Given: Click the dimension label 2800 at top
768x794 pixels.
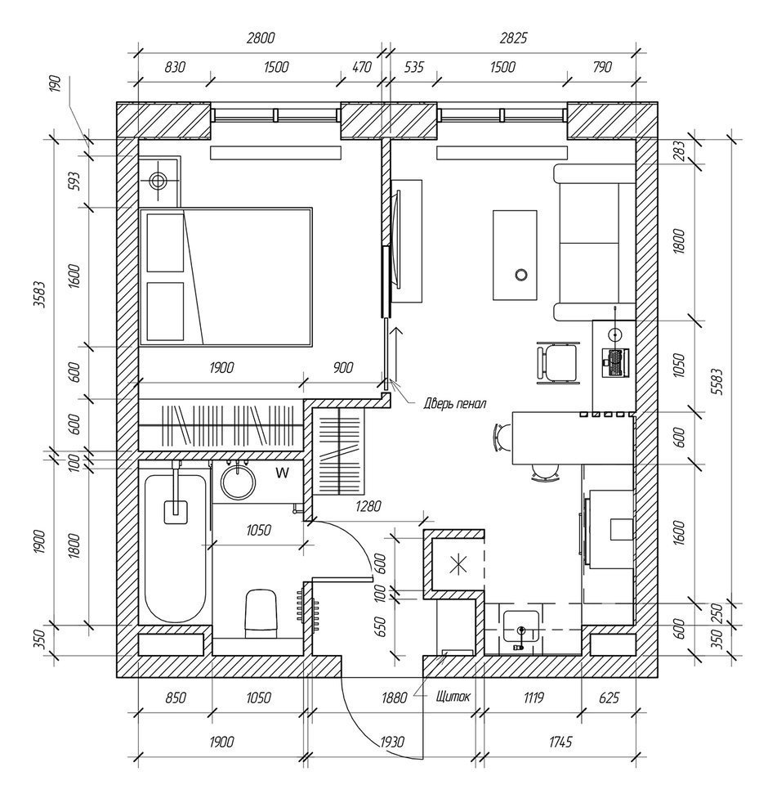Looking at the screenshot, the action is click(x=260, y=38).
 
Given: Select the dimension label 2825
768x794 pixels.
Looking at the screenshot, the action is click(x=513, y=38).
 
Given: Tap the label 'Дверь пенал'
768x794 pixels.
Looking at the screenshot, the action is click(x=455, y=404).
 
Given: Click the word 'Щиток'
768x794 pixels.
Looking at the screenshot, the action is click(x=453, y=697).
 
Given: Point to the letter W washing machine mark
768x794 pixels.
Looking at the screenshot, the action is click(x=283, y=473).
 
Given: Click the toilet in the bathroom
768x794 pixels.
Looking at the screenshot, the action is click(x=261, y=613).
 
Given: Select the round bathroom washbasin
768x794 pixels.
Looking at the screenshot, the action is click(x=239, y=482).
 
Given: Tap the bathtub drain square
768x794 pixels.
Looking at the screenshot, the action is click(x=176, y=512).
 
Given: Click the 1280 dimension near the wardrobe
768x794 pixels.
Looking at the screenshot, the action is click(x=368, y=506).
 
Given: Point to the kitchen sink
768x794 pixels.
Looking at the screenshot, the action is click(x=521, y=630).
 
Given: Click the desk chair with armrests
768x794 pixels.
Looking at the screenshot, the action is click(x=558, y=362).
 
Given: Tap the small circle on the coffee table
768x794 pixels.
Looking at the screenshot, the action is click(x=521, y=275).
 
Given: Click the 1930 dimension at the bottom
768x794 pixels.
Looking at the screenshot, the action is click(x=391, y=742).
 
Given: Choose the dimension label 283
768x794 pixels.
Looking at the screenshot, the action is click(x=679, y=151).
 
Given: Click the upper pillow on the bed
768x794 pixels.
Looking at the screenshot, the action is click(x=165, y=243).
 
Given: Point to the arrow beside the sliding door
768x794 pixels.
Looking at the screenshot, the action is click(x=396, y=354).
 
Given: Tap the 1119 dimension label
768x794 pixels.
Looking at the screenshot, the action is click(x=534, y=698).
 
